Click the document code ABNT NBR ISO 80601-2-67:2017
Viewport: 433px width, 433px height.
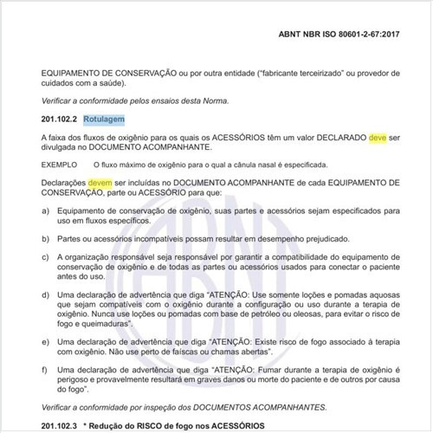coord(350,35)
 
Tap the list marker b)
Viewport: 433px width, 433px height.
coord(45,237)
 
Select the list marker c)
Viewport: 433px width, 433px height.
coord(45,256)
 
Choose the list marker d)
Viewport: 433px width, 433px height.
coord(45,295)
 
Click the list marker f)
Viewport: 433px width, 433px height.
coord(45,370)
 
